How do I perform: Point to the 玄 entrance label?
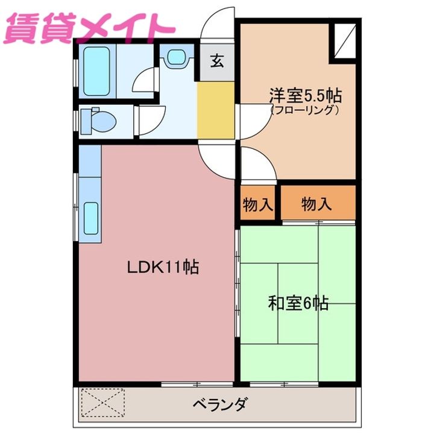217,60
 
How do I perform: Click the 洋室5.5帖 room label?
306,95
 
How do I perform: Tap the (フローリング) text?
306,110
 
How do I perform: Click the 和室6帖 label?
298,303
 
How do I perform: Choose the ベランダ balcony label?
219,404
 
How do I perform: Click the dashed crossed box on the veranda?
102,402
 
